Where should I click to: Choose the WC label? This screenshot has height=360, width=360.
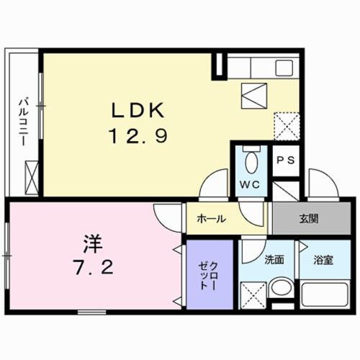(250, 184)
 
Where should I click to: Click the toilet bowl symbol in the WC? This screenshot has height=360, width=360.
(251, 160)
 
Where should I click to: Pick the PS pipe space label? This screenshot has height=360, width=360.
(286, 161)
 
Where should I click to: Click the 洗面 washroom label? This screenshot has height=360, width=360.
(274, 260)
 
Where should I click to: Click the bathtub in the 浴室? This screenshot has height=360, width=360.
(323, 296)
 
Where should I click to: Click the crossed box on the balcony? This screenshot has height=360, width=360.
(32, 175)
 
